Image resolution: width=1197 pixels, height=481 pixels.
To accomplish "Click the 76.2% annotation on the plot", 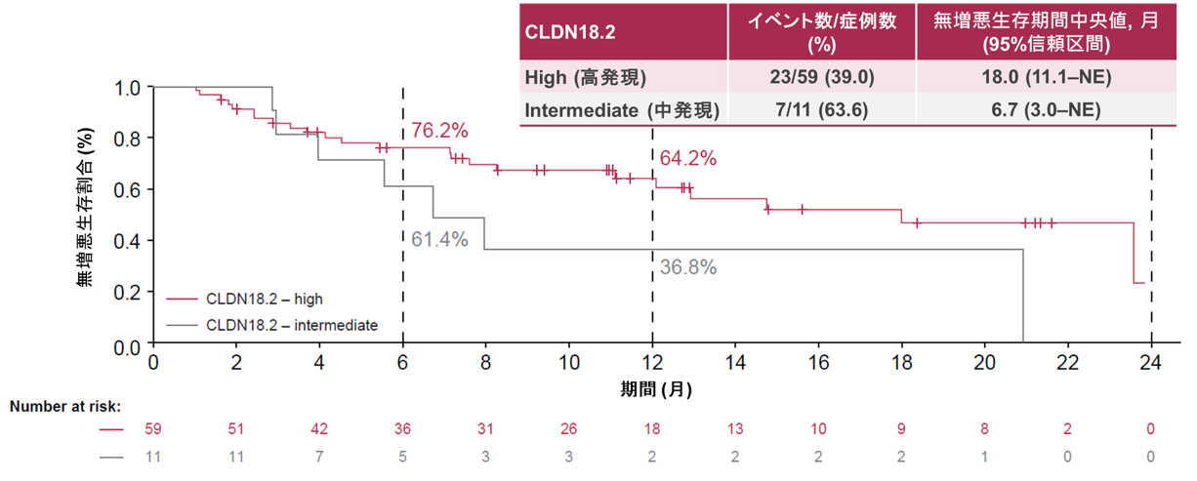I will click(x=439, y=131).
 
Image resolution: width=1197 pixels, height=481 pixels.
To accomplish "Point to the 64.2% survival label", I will click(x=688, y=158).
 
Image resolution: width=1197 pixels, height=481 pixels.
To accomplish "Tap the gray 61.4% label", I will click(x=439, y=239).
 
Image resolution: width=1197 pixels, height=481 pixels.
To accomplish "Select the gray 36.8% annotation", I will click(x=688, y=266).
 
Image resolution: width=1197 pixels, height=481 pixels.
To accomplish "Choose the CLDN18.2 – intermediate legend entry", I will click(x=284, y=325).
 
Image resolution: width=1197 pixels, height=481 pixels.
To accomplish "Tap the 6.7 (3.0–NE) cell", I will click(x=1044, y=109).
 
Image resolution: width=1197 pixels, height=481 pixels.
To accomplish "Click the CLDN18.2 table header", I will click(x=570, y=31).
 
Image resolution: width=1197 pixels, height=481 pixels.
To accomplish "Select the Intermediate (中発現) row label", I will click(x=622, y=110).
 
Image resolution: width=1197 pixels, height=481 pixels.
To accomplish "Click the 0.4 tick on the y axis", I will click(x=129, y=241).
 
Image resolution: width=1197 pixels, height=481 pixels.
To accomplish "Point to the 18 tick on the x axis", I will click(x=901, y=363).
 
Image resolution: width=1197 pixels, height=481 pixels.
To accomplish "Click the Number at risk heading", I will click(x=65, y=407).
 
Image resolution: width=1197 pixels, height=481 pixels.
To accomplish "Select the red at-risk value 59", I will click(x=153, y=429).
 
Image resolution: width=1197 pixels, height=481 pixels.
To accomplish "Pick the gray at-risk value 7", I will click(x=319, y=456).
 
